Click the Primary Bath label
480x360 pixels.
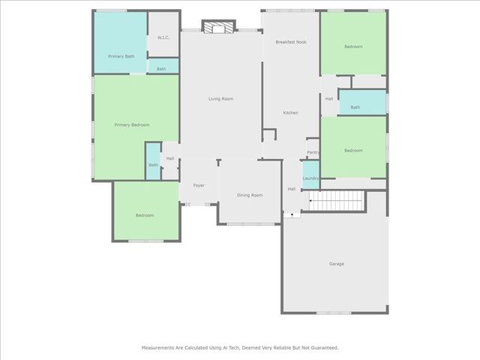click(121, 56)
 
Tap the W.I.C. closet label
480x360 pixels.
click(163, 37)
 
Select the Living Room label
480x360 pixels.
click(220, 99)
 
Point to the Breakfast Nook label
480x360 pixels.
click(290, 42)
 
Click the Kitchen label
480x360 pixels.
click(290, 112)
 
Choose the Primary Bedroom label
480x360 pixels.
click(132, 124)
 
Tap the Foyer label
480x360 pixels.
click(199, 185)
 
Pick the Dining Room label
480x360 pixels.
click(250, 195)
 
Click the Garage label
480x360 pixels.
click(336, 263)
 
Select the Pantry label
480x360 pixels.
click(313, 153)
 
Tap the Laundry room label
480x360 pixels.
click(310, 178)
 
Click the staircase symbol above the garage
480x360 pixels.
click(337, 200)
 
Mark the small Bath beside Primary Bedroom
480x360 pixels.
click(153, 165)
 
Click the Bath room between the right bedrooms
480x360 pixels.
click(355, 107)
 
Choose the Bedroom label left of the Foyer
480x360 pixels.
click(145, 215)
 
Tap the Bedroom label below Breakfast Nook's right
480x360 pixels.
click(353, 151)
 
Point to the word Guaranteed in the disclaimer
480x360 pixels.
click(322, 347)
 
